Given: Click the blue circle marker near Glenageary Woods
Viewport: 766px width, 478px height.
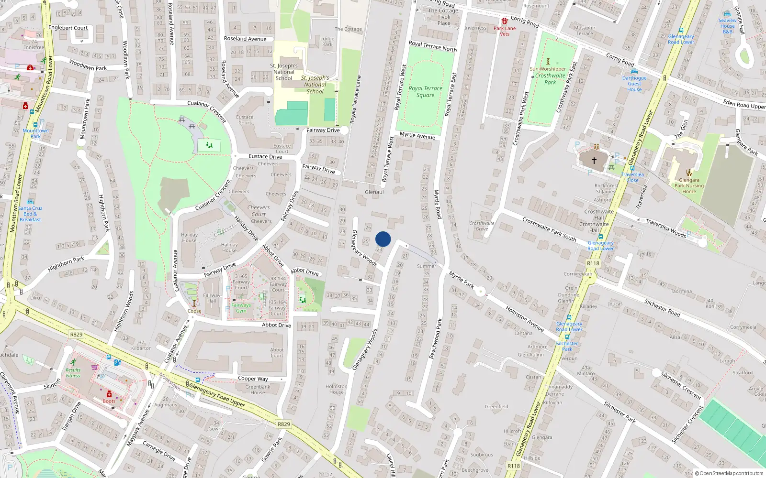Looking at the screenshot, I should [x=383, y=239].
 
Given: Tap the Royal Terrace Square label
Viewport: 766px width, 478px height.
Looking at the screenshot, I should [x=425, y=92].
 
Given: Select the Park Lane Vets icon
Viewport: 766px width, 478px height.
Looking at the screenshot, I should [x=505, y=21].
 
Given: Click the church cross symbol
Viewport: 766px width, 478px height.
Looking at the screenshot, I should [x=594, y=161].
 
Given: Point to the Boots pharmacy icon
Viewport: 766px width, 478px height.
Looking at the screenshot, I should [x=109, y=394].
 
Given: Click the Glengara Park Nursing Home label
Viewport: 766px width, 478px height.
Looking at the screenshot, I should [x=689, y=186].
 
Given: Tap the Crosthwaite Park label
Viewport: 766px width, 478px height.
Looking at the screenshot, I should [x=550, y=79].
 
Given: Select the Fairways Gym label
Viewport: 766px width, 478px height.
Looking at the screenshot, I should [x=241, y=308].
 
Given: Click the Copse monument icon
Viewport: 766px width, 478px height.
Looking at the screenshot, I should [x=194, y=303].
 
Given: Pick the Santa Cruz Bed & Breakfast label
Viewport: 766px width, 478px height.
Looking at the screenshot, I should [x=30, y=214].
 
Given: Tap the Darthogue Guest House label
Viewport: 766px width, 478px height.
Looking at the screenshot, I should [x=634, y=84].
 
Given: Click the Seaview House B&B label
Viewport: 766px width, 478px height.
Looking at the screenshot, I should [x=727, y=26].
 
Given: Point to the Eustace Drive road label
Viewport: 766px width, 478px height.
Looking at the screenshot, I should [x=265, y=156].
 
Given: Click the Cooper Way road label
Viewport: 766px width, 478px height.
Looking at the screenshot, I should [x=253, y=379].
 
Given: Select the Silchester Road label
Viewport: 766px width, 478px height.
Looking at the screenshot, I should [x=662, y=307].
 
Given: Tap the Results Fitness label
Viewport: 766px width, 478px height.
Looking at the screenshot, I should [x=73, y=372].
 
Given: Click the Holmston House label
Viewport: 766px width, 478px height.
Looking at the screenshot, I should [x=336, y=389].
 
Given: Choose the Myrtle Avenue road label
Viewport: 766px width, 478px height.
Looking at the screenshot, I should [x=417, y=136].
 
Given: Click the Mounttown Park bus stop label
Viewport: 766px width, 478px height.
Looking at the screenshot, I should [x=35, y=133].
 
